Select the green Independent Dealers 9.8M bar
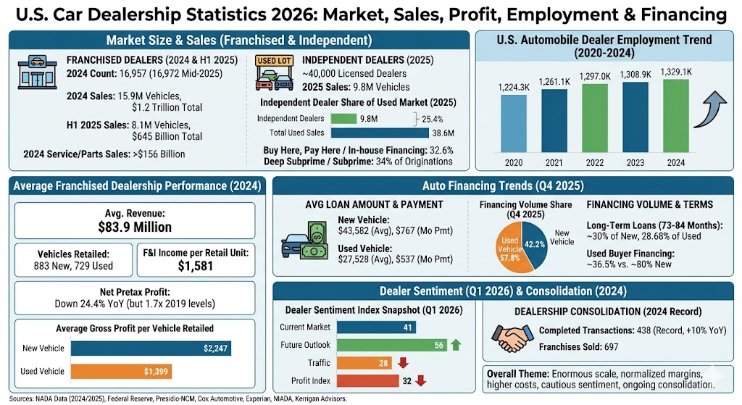tap(344, 119)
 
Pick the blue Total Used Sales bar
tap(380, 133)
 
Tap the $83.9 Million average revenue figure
tap(135, 227)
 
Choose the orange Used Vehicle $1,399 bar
tap(128, 372)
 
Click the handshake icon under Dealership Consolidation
tap(513, 335)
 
